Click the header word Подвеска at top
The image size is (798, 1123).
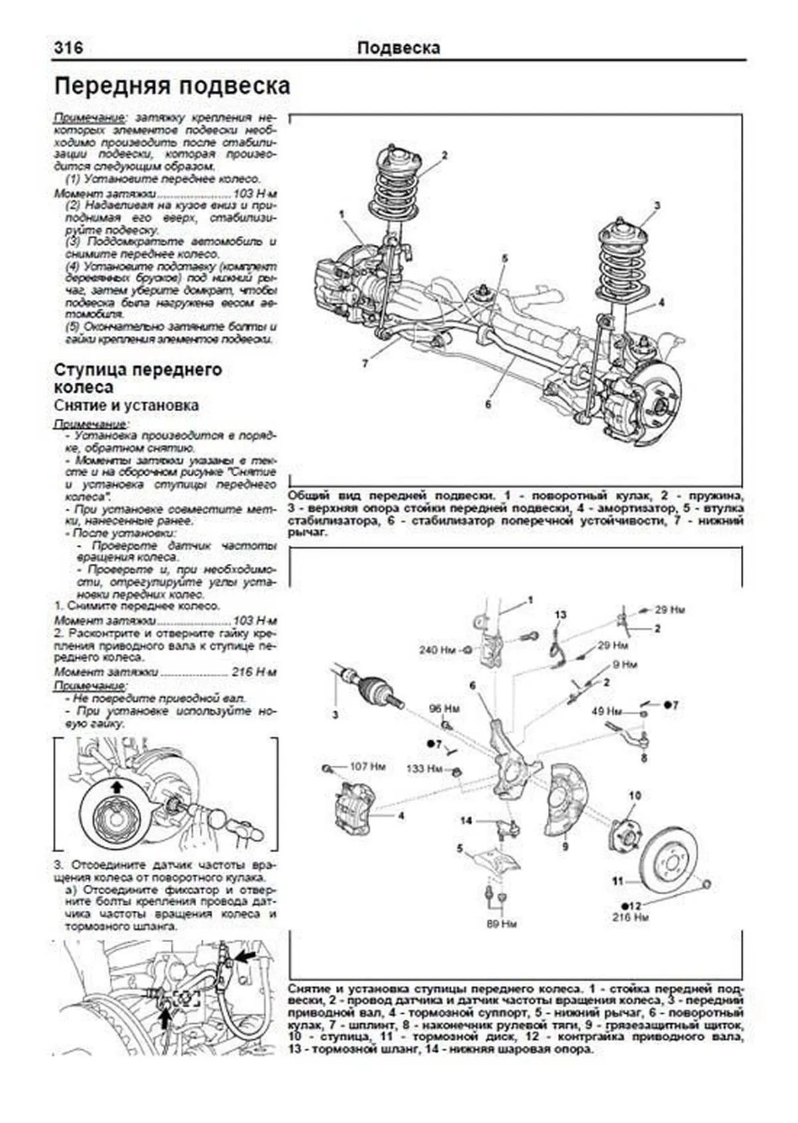398,48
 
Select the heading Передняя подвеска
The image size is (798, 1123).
172,86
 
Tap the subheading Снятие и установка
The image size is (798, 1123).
126,405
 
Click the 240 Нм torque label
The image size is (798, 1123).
438,649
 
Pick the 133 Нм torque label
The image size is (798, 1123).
425,768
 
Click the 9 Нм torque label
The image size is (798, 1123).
624,664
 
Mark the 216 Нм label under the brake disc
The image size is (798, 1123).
630,917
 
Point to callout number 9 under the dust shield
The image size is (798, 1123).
565,846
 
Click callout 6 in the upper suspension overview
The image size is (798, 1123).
487,404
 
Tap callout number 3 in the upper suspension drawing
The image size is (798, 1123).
656,206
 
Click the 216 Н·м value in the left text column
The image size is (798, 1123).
254,672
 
